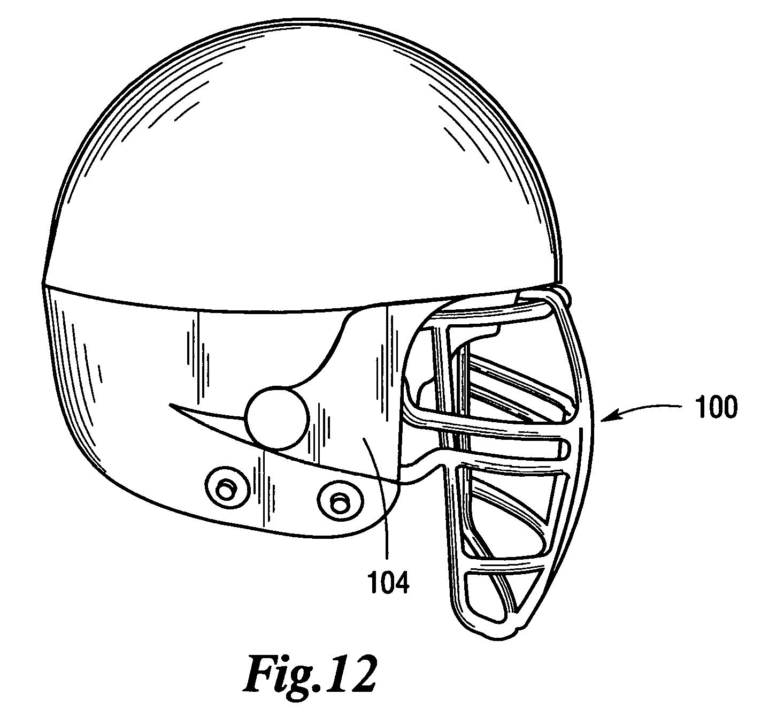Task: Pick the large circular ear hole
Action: click(278, 418)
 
